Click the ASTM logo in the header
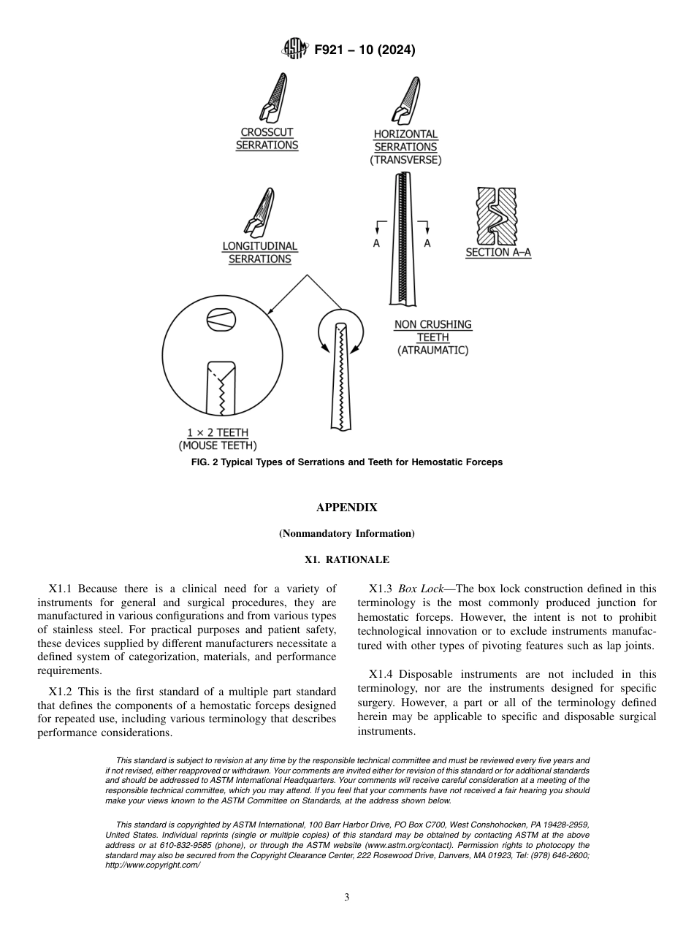click(296, 50)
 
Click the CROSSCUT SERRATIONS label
click(267, 139)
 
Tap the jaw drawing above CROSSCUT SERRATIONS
click(271, 99)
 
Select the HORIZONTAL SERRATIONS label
click(405, 140)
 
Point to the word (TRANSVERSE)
click(405, 160)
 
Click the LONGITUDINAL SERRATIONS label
click(260, 253)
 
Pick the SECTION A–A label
click(498, 253)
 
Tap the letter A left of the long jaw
click(377, 243)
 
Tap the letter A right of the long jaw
click(427, 243)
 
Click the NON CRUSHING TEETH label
click(433, 331)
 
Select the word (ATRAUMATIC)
click(433, 351)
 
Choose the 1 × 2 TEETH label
click(218, 432)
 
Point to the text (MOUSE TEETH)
click(218, 446)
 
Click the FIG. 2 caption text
click(347, 462)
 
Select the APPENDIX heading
click(347, 507)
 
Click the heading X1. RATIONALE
click(347, 560)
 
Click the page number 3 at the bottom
click(347, 898)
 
